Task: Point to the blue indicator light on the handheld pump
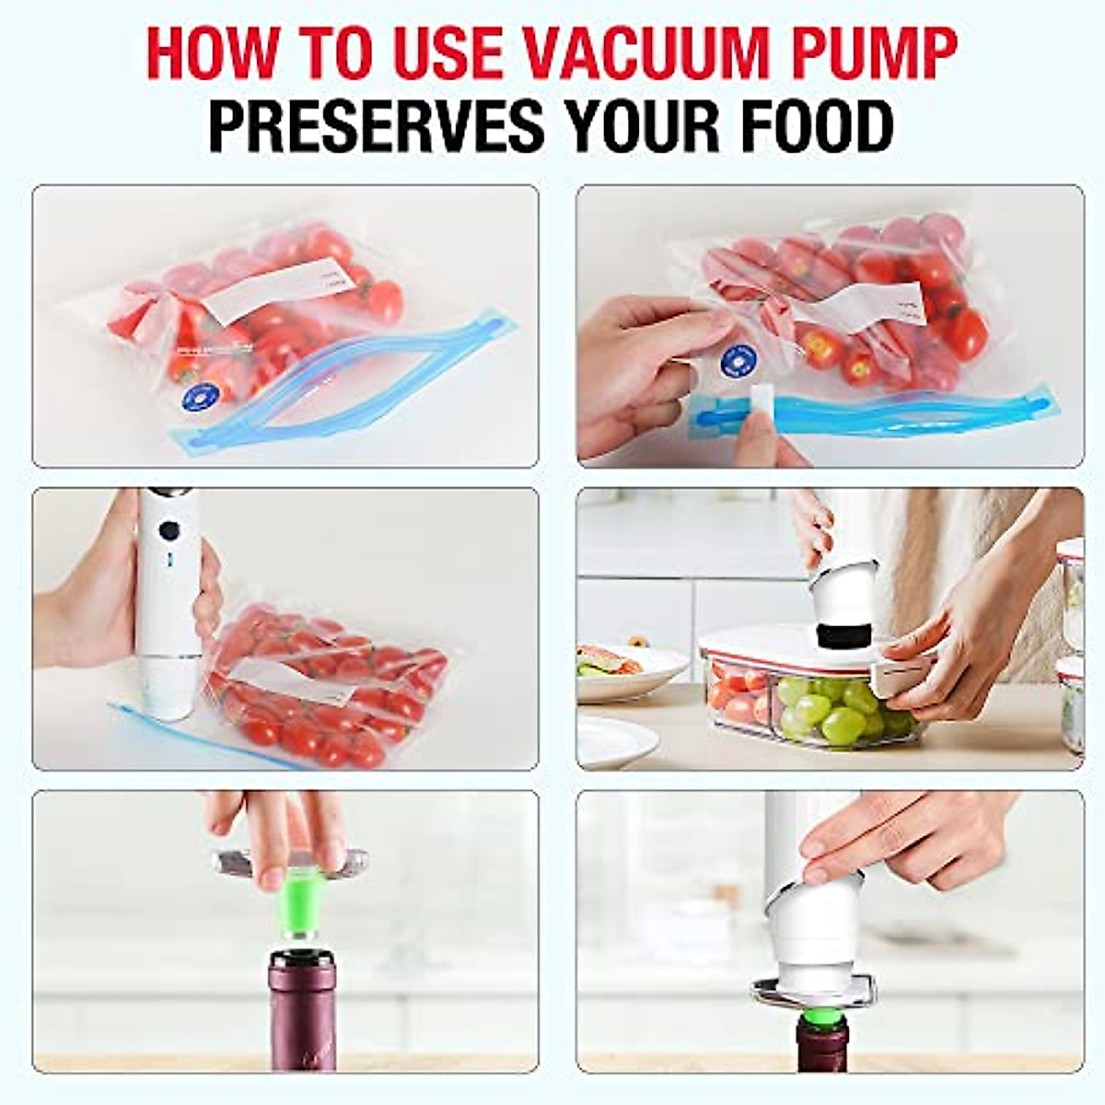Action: pos(169,558)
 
